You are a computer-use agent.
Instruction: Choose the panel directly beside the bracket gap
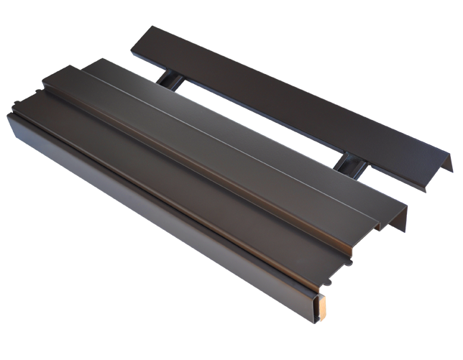pos(252,129)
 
